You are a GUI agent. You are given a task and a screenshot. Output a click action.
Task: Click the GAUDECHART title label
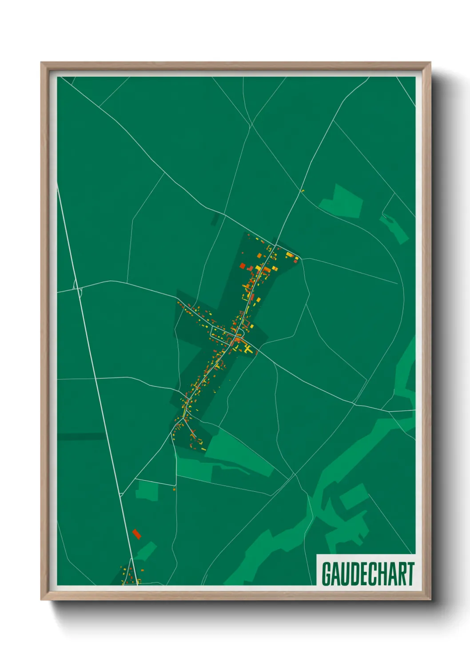[368, 574]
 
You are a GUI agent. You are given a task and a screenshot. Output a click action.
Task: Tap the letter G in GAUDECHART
[327, 574]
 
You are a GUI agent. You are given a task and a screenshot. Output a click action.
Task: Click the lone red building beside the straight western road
[137, 534]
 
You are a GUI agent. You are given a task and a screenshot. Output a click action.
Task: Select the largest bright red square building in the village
[243, 266]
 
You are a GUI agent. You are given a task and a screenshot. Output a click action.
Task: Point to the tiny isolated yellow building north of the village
[303, 191]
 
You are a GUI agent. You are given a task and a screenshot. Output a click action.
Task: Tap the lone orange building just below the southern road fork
[174, 489]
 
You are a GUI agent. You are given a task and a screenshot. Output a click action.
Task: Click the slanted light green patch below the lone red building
[146, 551]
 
